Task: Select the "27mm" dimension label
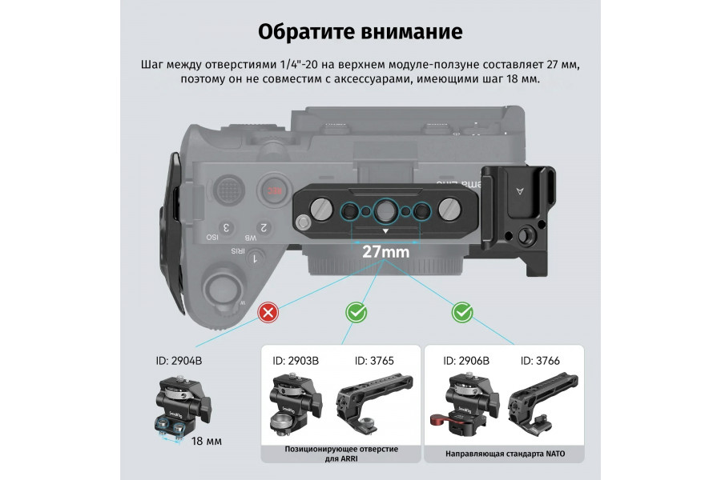(385, 251)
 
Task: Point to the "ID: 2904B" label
(179, 361)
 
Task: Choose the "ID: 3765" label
(374, 361)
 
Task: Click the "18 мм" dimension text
(207, 441)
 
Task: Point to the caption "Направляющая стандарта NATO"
(506, 454)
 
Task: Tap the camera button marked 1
(255, 258)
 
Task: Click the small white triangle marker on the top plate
(385, 230)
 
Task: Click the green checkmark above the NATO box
(462, 311)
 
